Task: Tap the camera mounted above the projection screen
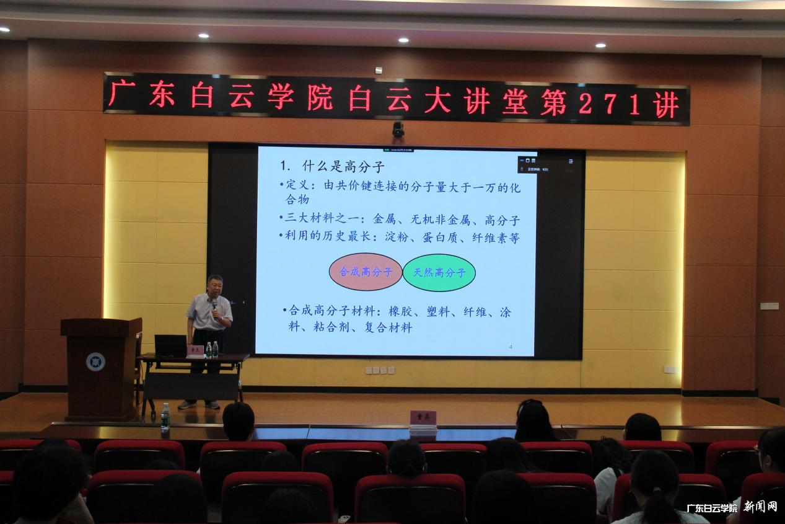(x=398, y=128)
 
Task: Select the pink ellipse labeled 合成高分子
(x=366, y=272)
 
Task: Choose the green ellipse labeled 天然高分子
(x=439, y=272)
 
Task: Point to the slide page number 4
(x=511, y=347)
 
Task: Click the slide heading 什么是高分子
(x=343, y=166)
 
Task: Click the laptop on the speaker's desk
(x=170, y=345)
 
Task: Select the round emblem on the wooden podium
(x=95, y=361)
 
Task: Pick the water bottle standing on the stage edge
(x=165, y=417)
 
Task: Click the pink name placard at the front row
(x=423, y=417)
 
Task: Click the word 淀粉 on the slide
(x=397, y=238)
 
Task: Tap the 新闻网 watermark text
(x=760, y=507)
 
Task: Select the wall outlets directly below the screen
(x=379, y=370)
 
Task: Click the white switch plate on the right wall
(x=769, y=306)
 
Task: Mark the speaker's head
(x=215, y=286)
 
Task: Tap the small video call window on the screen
(x=545, y=163)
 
